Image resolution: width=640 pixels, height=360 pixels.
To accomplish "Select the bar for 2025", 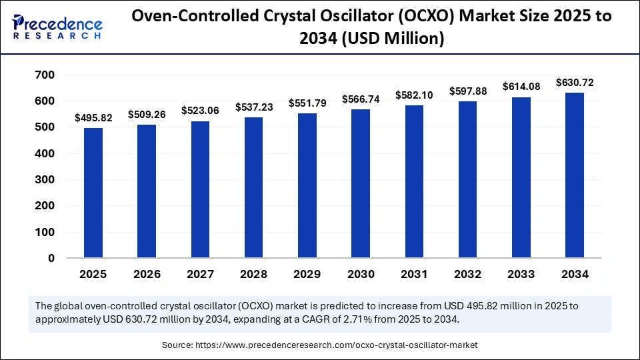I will point(93,193).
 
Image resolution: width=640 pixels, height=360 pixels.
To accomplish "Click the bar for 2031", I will point(414,181).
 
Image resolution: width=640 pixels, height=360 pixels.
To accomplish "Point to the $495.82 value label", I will point(93,117).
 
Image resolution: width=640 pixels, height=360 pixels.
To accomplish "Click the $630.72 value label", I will point(574,83).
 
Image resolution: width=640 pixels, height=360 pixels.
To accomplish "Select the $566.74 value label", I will point(361,99).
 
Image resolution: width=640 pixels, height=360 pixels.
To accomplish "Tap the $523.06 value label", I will point(200,111).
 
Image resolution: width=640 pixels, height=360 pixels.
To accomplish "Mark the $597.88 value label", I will point(467,91).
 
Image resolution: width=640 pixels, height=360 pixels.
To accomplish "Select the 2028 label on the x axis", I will point(253,274).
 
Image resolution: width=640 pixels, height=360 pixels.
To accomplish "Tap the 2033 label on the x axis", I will point(521,274).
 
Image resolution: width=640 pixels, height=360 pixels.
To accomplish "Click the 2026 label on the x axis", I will point(147,274).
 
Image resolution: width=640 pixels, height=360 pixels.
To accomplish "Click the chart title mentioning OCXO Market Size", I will point(371,27).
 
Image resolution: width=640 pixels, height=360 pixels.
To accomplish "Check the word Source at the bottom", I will point(176,345).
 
